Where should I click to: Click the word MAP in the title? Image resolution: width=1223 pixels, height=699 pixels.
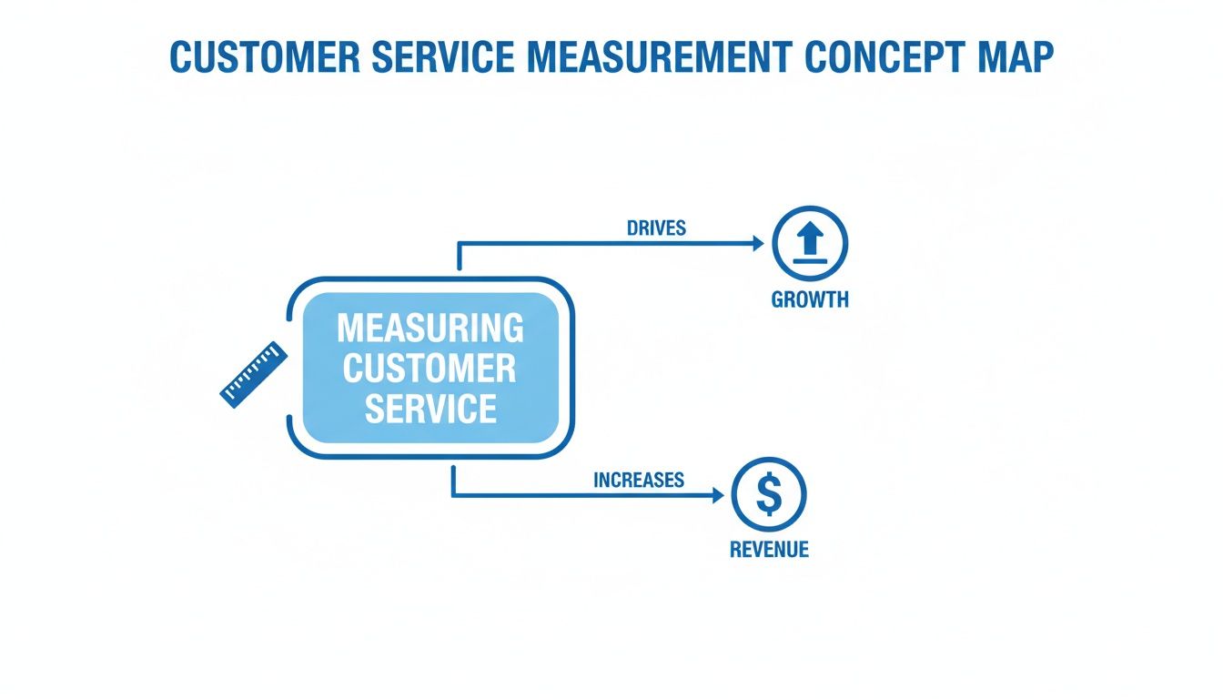tap(1016, 57)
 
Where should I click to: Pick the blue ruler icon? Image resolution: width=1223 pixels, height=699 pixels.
tap(254, 374)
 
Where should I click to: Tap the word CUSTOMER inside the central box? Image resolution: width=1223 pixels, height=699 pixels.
tap(430, 369)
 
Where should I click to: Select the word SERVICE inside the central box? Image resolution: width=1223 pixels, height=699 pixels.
tap(430, 409)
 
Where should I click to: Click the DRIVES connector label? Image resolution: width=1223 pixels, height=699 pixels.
tap(656, 228)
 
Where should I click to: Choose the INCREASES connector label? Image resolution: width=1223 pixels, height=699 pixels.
tap(638, 480)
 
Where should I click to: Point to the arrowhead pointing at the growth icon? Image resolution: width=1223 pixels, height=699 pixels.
tap(757, 243)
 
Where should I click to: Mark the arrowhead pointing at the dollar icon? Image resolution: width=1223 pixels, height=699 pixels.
tap(717, 495)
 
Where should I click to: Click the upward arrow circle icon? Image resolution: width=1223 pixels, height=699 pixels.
tap(809, 243)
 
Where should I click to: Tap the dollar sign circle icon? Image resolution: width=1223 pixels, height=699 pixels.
tap(769, 495)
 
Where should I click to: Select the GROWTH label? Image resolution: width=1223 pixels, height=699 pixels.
tap(809, 299)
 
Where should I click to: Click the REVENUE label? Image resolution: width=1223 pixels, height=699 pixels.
tap(769, 550)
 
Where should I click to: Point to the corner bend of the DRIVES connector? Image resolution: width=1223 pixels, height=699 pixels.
tap(459, 244)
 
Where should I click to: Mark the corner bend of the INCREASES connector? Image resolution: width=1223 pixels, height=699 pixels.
tap(453, 495)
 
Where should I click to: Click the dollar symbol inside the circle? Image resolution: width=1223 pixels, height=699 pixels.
tap(769, 495)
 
